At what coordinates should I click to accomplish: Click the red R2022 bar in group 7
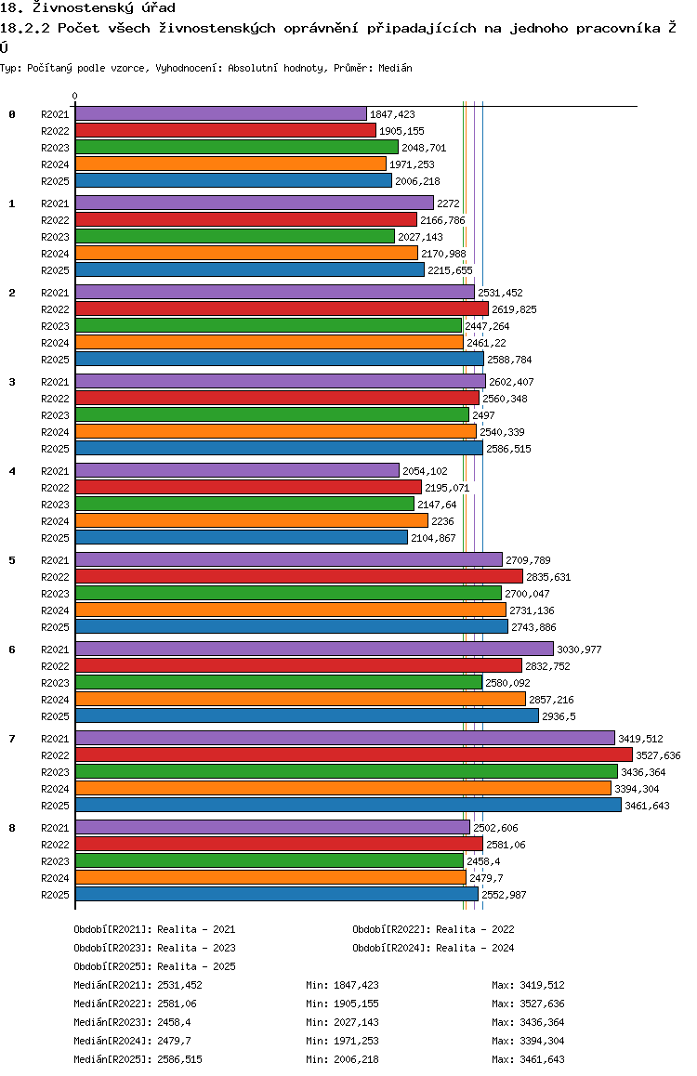(354, 755)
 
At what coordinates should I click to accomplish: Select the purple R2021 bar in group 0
(221, 114)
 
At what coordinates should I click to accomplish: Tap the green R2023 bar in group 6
(279, 682)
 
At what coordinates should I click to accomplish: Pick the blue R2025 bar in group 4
(242, 537)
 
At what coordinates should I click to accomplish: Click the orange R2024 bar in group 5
(291, 610)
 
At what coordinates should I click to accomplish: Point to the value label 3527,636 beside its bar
(659, 755)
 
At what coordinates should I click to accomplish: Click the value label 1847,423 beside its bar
(392, 114)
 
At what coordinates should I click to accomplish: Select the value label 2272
(448, 203)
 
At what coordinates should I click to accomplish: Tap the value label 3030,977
(579, 650)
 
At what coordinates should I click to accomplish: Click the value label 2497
(483, 416)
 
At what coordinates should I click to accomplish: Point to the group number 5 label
(12, 560)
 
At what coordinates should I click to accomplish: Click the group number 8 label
(12, 828)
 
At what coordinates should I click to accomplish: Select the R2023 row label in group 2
(55, 327)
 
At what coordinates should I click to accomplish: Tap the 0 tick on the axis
(74, 97)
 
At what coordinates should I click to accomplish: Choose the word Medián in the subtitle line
(395, 68)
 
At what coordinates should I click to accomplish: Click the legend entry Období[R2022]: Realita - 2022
(434, 929)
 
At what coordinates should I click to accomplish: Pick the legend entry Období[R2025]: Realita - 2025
(154, 966)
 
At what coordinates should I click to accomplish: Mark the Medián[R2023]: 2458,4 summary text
(132, 1022)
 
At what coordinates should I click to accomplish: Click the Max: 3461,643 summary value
(528, 1059)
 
